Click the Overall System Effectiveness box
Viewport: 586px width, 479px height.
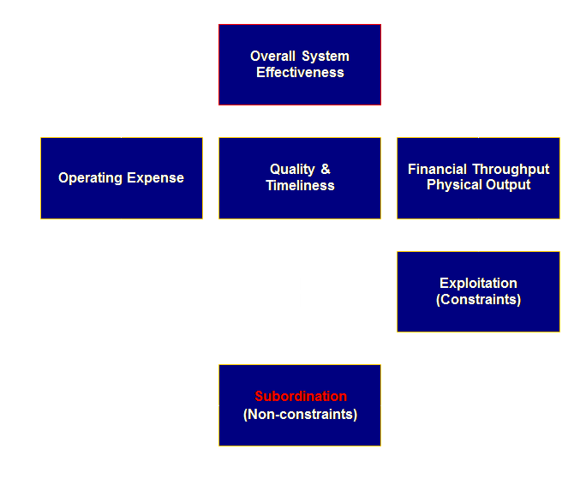tap(299, 64)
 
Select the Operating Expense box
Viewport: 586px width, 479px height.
tap(121, 178)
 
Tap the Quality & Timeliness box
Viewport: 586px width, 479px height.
tap(299, 178)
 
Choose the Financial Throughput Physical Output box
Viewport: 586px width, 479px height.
tap(478, 178)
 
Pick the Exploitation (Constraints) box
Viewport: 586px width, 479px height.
tap(478, 291)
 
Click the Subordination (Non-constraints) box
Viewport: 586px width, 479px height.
tap(299, 405)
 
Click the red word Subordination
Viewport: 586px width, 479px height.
tap(301, 397)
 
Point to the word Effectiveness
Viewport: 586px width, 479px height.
tap(300, 73)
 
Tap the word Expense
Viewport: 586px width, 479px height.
tap(156, 178)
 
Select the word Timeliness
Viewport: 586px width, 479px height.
tap(300, 186)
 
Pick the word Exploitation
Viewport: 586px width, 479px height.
tap(478, 283)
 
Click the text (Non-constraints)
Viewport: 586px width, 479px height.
tap(300, 415)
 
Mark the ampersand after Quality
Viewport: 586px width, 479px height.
tap(326, 170)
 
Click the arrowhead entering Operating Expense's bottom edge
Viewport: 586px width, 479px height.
tap(121, 225)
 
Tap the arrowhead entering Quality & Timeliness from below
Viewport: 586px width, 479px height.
tap(300, 225)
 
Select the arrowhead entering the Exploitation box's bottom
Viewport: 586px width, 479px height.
tap(478, 338)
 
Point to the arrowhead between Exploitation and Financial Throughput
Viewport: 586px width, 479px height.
tap(478, 225)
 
